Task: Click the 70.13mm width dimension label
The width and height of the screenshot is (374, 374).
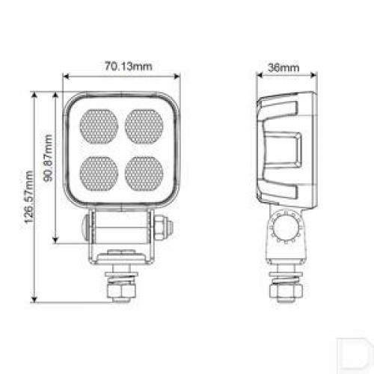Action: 128,67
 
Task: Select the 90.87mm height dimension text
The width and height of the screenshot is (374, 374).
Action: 48,158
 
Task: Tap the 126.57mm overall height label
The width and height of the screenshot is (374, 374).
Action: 28,197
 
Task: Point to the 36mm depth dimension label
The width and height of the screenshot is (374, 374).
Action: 283,67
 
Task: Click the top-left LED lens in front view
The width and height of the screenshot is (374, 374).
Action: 99,126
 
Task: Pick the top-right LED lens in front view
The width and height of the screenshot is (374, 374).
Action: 144,126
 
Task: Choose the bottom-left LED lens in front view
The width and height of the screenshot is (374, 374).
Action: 99,174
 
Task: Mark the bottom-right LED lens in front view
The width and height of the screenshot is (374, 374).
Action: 144,174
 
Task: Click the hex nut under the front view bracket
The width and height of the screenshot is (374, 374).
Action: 122,291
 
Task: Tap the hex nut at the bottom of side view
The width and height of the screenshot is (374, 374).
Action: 286,291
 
